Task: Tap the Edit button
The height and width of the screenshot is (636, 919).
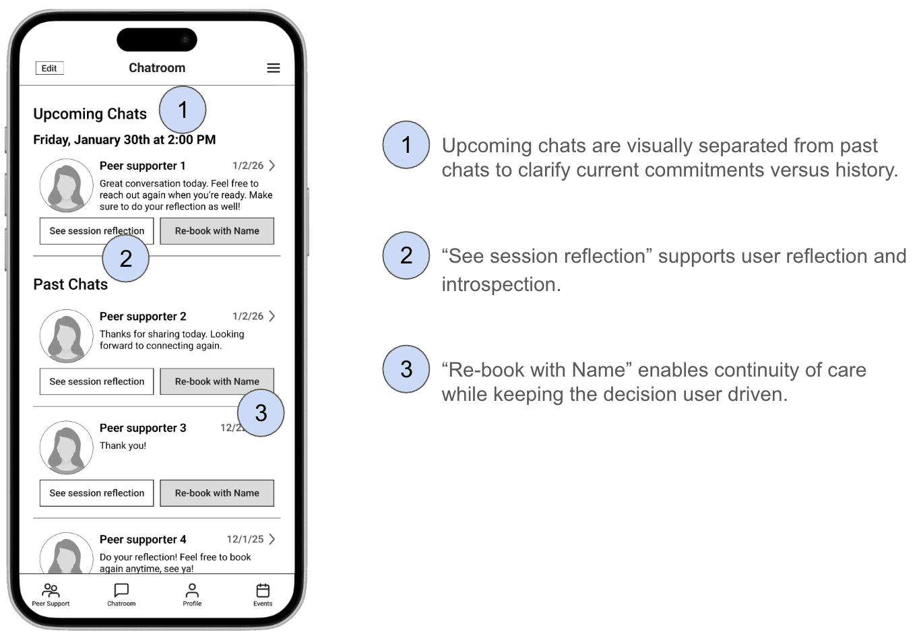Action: click(49, 68)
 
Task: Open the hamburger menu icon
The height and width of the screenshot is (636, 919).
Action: click(274, 68)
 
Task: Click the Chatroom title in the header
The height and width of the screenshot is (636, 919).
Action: click(157, 68)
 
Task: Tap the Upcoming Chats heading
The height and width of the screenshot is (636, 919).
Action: click(90, 114)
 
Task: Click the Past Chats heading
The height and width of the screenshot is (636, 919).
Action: click(70, 284)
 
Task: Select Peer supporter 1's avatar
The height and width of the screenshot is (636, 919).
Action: click(66, 186)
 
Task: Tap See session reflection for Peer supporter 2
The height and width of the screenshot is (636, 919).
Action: click(96, 381)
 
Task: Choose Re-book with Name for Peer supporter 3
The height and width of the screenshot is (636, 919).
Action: click(217, 493)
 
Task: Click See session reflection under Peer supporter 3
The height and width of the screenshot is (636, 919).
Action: click(96, 493)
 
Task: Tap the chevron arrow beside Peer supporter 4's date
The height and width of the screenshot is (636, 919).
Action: click(272, 539)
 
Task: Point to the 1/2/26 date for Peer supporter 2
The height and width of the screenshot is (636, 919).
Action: click(248, 316)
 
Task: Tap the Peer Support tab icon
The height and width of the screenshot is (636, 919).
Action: click(51, 590)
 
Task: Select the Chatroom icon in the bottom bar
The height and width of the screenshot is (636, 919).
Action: click(121, 590)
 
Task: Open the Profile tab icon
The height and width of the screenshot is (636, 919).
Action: click(192, 590)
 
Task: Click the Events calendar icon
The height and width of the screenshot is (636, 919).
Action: click(263, 590)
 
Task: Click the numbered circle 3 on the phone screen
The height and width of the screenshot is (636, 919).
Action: click(261, 413)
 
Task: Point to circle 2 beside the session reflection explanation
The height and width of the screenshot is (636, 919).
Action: click(406, 255)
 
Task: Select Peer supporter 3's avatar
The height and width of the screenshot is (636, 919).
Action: click(66, 448)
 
